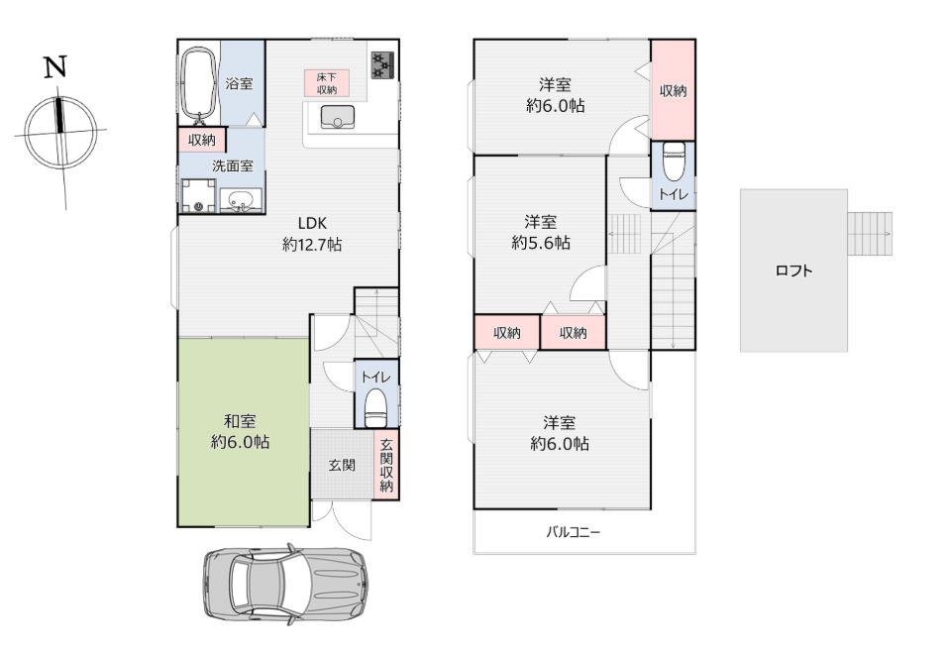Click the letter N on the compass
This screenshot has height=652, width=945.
click(55, 67)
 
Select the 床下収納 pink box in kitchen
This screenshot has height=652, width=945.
click(327, 83)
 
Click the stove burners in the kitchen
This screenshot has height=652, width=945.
click(382, 64)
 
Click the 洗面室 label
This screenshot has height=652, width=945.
click(232, 166)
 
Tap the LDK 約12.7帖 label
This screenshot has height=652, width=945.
click(311, 233)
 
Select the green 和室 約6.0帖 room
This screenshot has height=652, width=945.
click(243, 432)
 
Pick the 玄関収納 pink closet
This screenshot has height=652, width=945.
click(386, 465)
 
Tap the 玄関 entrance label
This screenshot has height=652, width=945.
click(342, 465)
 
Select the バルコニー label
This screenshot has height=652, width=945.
click(574, 532)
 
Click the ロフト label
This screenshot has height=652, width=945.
click(793, 271)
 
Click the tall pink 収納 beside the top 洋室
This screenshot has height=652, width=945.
click(673, 90)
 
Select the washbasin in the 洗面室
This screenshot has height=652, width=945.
click(240, 201)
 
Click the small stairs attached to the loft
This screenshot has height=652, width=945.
click(870, 233)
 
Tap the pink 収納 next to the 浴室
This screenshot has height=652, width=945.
click(202, 140)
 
